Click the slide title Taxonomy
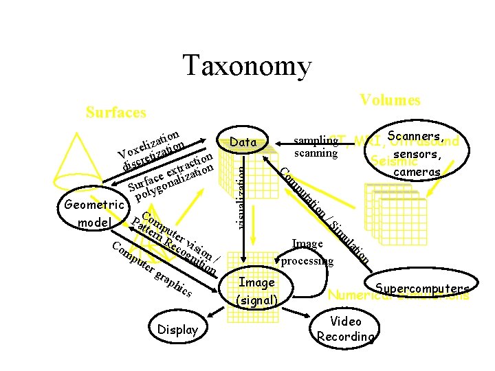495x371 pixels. tap(247, 67)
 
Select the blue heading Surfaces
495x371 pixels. tap(115, 112)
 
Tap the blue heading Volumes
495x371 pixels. tap(390, 100)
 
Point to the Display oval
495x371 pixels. tap(177, 330)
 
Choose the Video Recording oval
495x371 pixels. tap(345, 328)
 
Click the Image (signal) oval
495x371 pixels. tap(256, 291)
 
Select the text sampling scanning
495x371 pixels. tap(316, 147)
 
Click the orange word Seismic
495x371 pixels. tap(387, 162)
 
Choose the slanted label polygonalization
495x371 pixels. tap(172, 183)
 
